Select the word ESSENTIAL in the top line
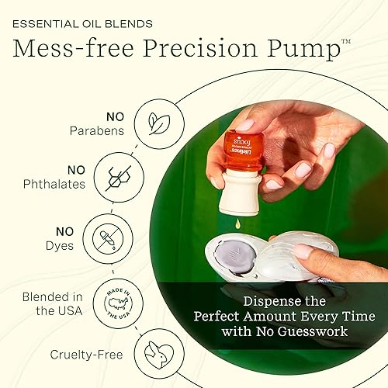[44, 23]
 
